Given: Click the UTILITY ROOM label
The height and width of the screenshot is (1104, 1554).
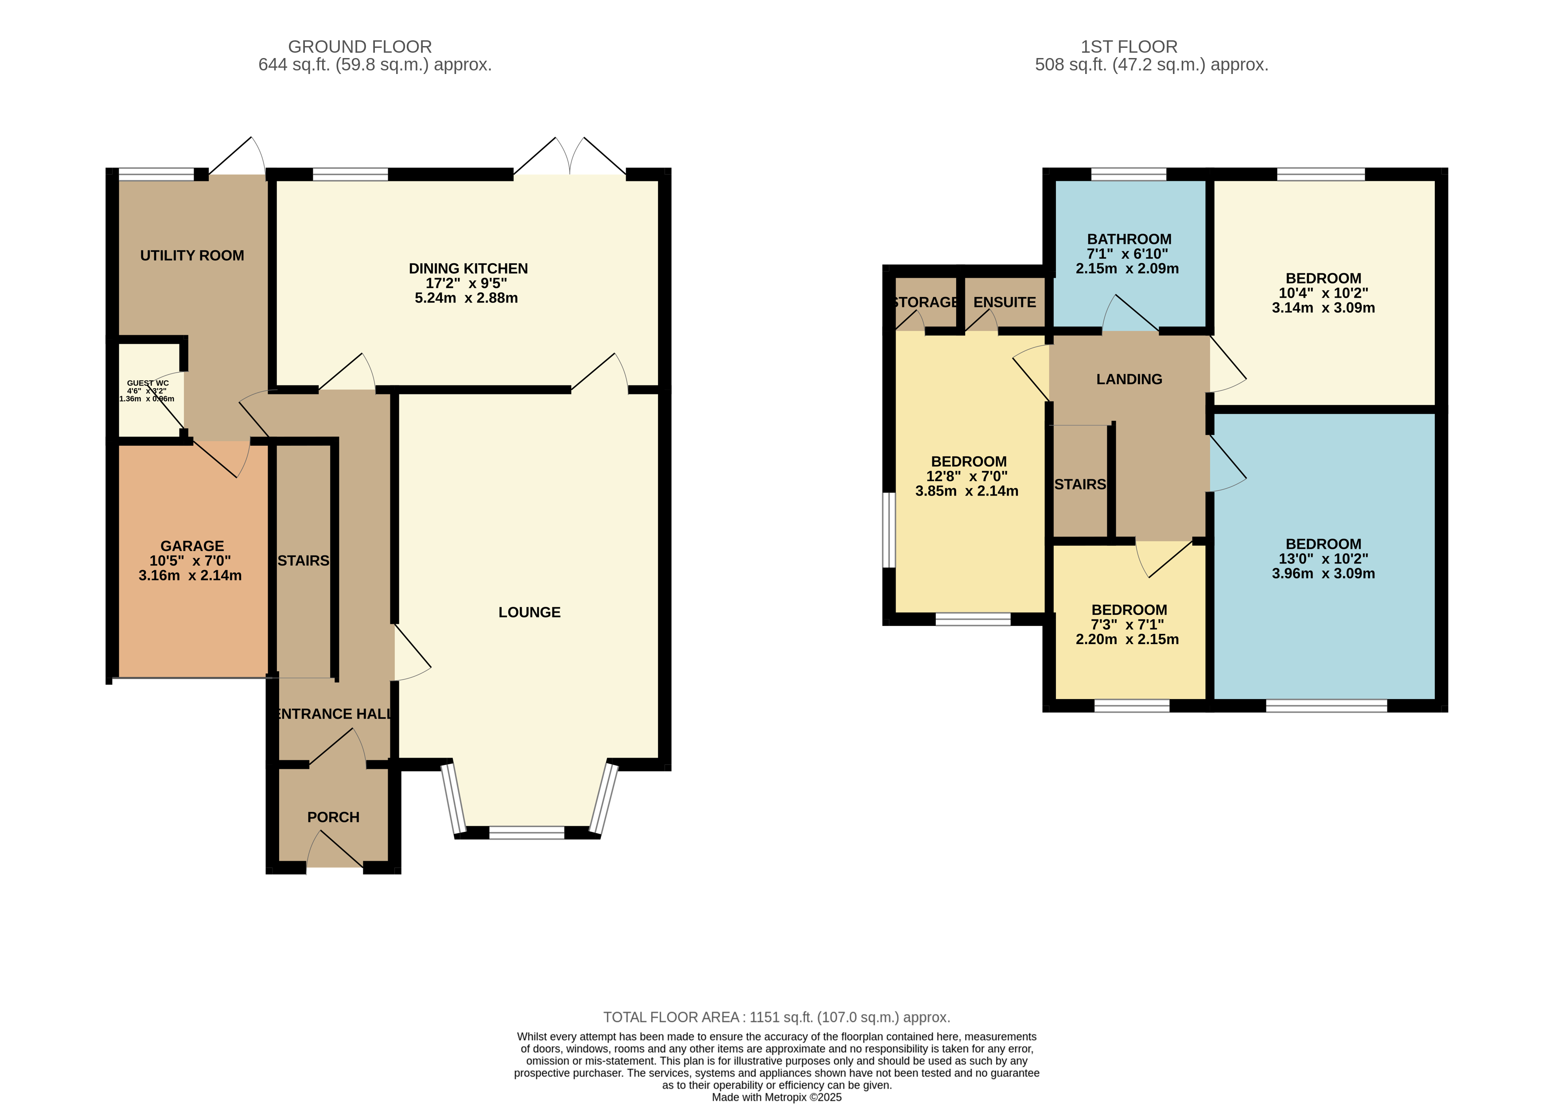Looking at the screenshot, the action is (x=192, y=256).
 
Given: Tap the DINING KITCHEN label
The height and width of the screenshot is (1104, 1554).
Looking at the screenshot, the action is (x=468, y=268).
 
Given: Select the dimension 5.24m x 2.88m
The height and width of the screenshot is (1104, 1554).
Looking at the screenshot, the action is (x=466, y=298).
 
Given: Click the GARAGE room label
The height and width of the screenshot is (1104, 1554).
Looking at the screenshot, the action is (x=192, y=546).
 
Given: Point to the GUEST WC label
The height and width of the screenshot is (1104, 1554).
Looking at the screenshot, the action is (x=148, y=383).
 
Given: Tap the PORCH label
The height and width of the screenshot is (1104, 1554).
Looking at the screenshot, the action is (x=333, y=817).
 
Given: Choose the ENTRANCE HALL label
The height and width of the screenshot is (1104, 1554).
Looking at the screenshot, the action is (x=333, y=714).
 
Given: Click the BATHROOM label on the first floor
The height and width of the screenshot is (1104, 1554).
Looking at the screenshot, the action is (x=1129, y=239).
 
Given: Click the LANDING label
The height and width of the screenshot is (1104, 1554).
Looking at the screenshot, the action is (x=1129, y=379).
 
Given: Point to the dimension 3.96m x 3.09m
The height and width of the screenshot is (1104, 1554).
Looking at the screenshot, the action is (x=1324, y=573).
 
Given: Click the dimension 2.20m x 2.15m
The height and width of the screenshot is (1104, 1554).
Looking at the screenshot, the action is (x=1127, y=639).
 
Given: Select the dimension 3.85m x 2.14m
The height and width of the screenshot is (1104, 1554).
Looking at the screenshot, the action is (x=967, y=491).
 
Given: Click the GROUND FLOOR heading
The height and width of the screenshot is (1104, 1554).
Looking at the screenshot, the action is (x=360, y=47).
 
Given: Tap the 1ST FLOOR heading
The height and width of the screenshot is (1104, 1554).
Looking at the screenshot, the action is (x=1129, y=47).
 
